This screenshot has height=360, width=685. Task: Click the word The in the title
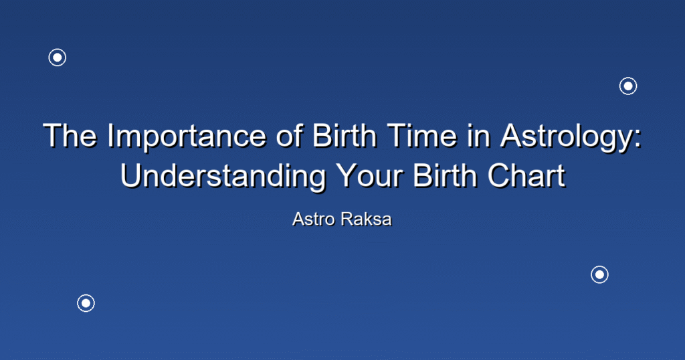pos(70,135)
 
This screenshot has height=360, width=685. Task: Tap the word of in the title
pos(289,135)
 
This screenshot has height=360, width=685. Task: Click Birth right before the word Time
pos(345,135)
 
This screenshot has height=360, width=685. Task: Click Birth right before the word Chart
pos(445,175)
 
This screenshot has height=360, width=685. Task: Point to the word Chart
pos(526,175)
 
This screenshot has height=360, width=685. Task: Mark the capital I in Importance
pos(110,135)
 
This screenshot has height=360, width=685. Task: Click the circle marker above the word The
pos(58,58)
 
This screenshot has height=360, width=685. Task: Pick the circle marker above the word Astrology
pos(627,86)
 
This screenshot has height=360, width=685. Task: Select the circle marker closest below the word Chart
pos(599,274)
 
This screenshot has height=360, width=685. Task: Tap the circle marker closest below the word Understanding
pos(86,303)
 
